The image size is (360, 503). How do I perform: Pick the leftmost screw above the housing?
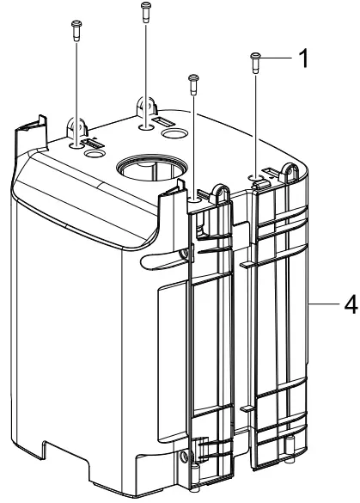75,31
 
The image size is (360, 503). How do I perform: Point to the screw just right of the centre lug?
192,83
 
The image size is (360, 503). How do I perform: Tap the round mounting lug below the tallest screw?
143,108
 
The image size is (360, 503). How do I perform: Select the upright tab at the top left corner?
28,129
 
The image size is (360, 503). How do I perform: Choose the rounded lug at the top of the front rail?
222,194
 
